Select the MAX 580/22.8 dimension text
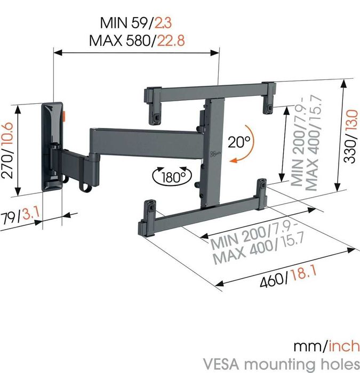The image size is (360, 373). (137, 40)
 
